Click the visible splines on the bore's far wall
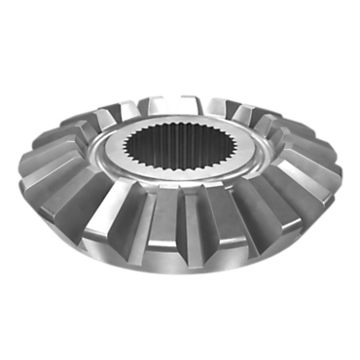point(178,141)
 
